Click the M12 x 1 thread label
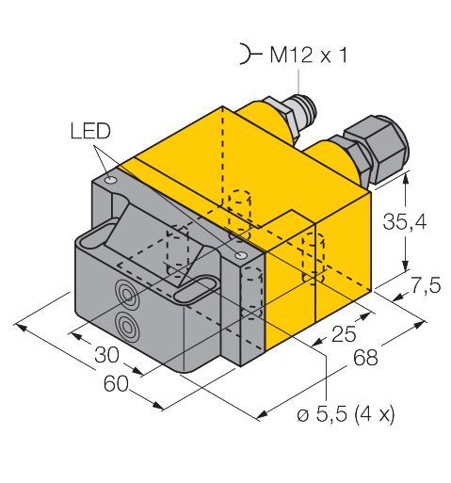[x=309, y=55]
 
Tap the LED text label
[x=90, y=131]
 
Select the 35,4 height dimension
[x=405, y=221]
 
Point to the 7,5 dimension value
[x=426, y=285]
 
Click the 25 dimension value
[x=344, y=334]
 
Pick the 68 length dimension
[x=365, y=358]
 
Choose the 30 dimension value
[x=106, y=355]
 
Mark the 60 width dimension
[x=116, y=383]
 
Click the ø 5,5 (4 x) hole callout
[x=346, y=415]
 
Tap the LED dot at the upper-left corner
[x=111, y=181]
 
